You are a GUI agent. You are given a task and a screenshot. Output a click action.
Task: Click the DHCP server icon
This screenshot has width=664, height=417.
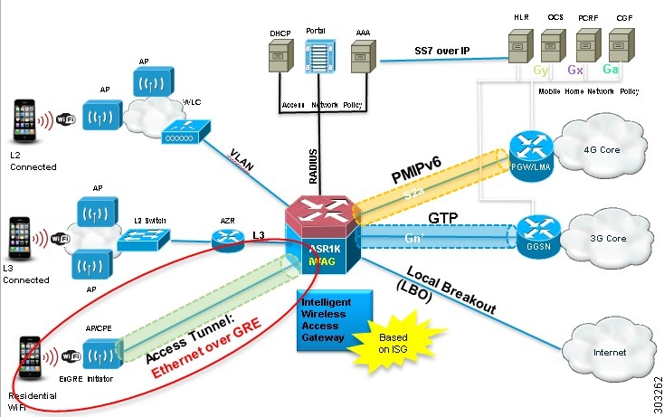(278, 62)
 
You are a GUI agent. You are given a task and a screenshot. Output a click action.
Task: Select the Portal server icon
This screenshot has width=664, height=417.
(318, 59)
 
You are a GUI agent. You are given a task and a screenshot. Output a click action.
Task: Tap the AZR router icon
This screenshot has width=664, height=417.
(224, 241)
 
